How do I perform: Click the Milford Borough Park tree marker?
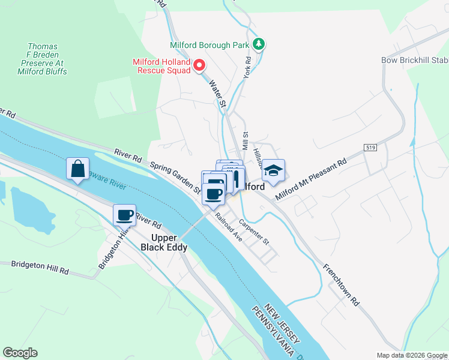click(259, 44)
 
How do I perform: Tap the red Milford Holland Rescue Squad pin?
click(199, 65)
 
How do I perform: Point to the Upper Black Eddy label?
click(164, 242)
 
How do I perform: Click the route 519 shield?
click(370, 147)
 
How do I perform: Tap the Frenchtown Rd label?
click(340, 285)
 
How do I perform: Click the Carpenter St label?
click(255, 231)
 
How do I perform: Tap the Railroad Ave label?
click(229, 227)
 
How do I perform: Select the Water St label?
click(217, 95)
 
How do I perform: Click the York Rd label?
click(247, 68)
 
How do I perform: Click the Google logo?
click(20, 353)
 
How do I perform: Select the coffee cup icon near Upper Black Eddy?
click(125, 214)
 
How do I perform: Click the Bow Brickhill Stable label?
click(414, 60)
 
